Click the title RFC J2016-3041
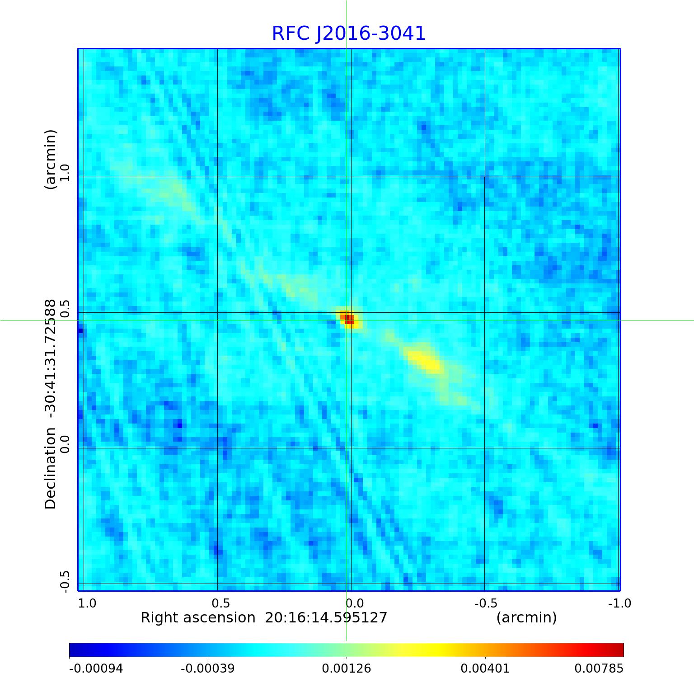coord(348,33)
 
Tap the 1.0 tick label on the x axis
coord(87,603)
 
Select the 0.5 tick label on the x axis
coord(221,603)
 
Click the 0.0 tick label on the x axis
coord(355,603)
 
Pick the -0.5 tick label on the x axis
coord(486,603)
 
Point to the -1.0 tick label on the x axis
coord(619,603)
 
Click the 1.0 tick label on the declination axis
coord(65,172)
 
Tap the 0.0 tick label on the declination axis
coord(65,444)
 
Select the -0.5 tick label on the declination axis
coord(65,581)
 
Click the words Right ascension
coord(198,617)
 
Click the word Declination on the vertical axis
coord(51,468)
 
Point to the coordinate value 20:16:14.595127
coord(326,617)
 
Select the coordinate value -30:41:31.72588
coord(51,358)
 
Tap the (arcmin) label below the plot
coord(526,617)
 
